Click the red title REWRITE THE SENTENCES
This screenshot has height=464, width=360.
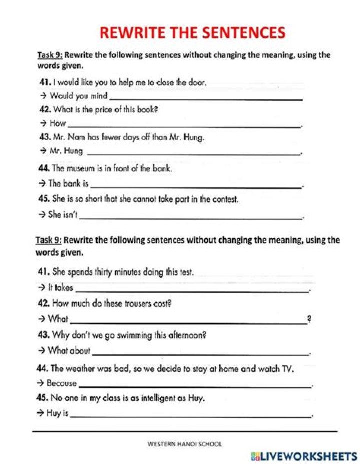tap(192, 33)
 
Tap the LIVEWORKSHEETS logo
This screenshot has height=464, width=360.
tap(304, 456)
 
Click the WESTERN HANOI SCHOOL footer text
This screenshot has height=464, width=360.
tap(185, 444)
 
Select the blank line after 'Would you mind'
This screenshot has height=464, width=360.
tap(206, 98)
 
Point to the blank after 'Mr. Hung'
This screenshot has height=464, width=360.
tap(194, 153)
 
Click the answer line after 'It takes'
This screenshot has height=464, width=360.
tap(192, 289)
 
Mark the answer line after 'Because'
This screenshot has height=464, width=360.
tap(195, 385)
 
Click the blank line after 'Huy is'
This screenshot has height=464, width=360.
tap(191, 415)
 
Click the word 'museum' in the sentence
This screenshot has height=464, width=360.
tap(82, 169)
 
